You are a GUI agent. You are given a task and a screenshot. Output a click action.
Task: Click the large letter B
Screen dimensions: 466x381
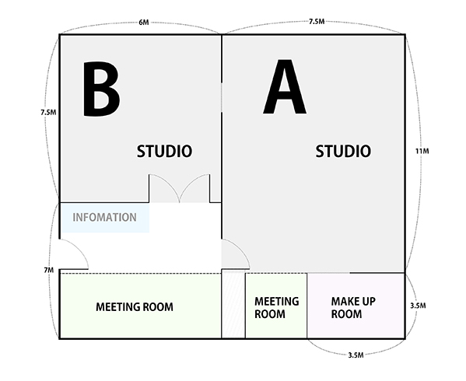101,89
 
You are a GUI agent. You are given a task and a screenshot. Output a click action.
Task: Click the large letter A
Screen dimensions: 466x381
285,86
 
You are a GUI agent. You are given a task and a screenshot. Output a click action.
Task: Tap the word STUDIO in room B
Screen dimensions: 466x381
164,151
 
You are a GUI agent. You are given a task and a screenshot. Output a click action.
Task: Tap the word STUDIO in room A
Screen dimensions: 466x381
343,151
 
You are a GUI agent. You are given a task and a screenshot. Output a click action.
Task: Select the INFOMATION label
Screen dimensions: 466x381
104,218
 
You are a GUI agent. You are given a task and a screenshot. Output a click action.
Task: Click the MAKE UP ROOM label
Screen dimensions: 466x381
353,308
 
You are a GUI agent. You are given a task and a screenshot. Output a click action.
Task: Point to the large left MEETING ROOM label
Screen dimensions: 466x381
135,307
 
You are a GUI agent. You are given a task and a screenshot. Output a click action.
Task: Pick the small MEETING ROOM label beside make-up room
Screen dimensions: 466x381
276,308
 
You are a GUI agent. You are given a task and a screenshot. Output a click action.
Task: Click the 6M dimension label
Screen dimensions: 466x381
144,23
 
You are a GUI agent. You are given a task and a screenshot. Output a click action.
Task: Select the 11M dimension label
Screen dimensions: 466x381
422,151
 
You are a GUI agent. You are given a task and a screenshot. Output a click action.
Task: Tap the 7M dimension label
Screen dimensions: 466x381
49,270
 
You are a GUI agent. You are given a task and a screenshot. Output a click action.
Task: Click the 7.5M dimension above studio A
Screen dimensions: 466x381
317,21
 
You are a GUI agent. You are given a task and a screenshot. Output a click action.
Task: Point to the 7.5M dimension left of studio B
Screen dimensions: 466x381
48,112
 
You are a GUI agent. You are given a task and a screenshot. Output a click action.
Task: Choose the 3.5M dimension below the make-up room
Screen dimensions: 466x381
356,355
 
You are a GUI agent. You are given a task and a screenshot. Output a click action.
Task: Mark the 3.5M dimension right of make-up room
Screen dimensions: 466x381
418,306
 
